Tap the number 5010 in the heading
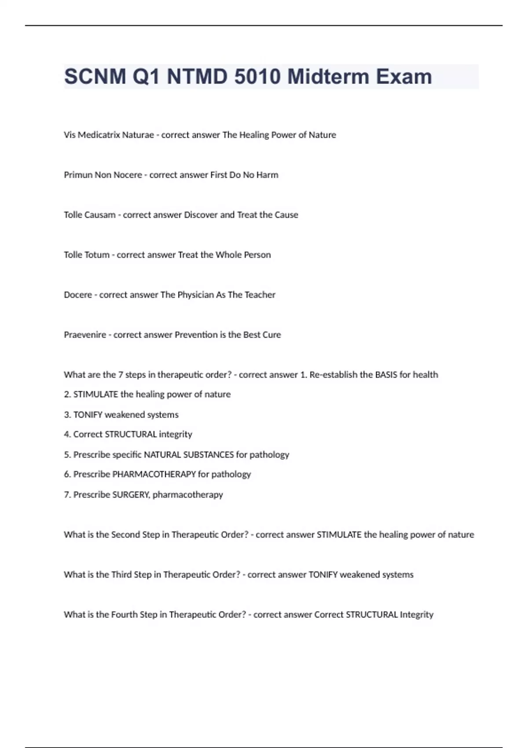coord(257,77)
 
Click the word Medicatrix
coord(99,135)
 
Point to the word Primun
coord(78,175)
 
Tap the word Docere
coord(78,295)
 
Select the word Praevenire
coord(85,335)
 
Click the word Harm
coord(267,175)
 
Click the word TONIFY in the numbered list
coord(88,415)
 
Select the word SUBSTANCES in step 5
coord(208,455)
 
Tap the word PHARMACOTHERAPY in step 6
coord(154,474)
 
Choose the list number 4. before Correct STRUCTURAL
coord(67,434)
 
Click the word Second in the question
coord(125,535)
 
